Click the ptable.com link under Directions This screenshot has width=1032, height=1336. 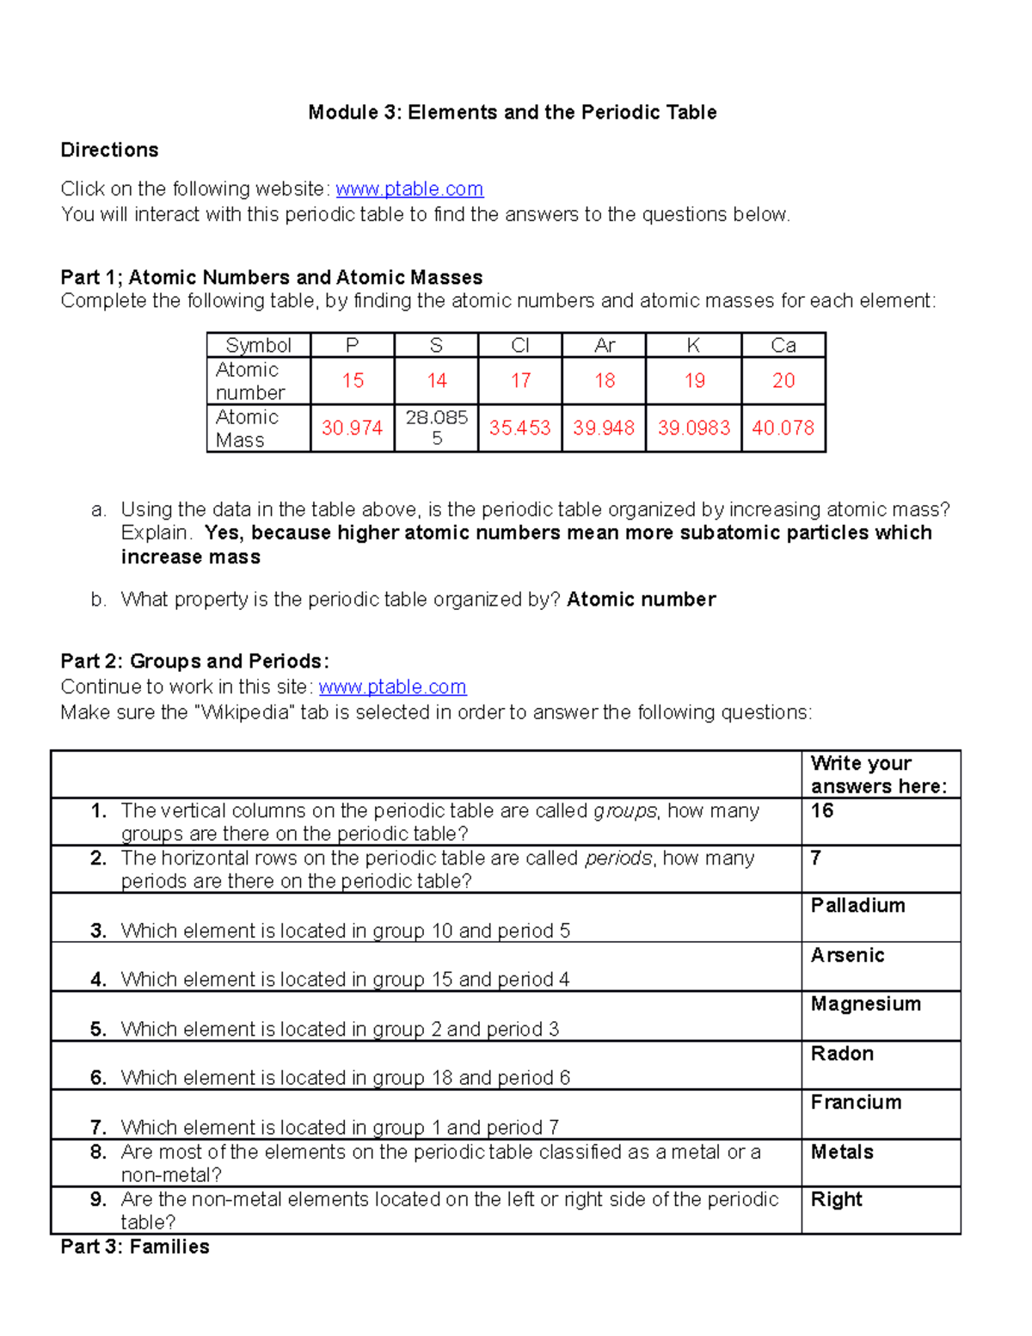409,189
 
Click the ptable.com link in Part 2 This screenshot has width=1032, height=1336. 392,687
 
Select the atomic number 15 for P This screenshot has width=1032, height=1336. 353,380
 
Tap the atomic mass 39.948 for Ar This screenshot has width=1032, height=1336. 604,428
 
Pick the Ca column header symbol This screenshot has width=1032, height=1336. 783,346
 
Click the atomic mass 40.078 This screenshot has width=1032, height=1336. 783,428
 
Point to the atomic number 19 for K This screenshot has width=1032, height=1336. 694,380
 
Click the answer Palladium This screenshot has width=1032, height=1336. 857,906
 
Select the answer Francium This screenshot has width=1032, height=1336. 856,1103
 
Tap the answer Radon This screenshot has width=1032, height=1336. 842,1054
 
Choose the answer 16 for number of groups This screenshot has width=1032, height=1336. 822,811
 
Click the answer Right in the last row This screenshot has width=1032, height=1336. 836,1200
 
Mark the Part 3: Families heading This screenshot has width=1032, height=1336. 135,1247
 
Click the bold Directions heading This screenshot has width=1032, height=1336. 109,151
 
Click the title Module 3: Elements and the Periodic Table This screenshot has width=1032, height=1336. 513,113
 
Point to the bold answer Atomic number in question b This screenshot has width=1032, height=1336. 641,600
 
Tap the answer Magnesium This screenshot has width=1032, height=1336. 865,1005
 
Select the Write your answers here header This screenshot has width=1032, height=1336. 878,775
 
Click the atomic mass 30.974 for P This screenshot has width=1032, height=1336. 352,428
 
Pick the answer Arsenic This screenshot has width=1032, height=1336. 847,956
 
